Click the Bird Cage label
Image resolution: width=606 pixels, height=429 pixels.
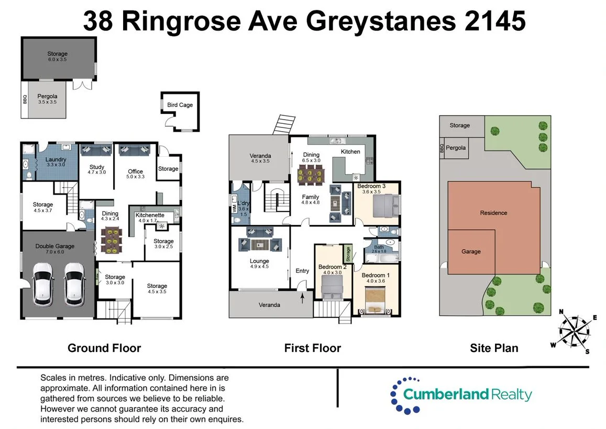pyautogui.click(x=180, y=105)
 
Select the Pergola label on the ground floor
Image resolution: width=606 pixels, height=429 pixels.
pyautogui.click(x=47, y=96)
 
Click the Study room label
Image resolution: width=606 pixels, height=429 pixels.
pyautogui.click(x=96, y=167)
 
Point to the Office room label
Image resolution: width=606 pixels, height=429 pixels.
pyautogui.click(x=135, y=171)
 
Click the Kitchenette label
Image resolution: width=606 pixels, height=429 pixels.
pyautogui.click(x=150, y=215)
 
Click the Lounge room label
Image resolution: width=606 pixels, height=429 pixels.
pyautogui.click(x=259, y=261)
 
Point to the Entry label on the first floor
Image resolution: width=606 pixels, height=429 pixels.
pyautogui.click(x=302, y=271)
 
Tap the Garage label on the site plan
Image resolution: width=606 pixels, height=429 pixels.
pyautogui.click(x=471, y=252)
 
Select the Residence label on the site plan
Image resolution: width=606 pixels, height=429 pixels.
pyautogui.click(x=493, y=213)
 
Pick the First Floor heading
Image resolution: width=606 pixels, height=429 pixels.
pyautogui.click(x=312, y=348)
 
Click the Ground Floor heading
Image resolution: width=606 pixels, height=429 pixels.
pyautogui.click(x=104, y=348)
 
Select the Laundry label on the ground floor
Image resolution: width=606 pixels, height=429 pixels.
pyautogui.click(x=56, y=159)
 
